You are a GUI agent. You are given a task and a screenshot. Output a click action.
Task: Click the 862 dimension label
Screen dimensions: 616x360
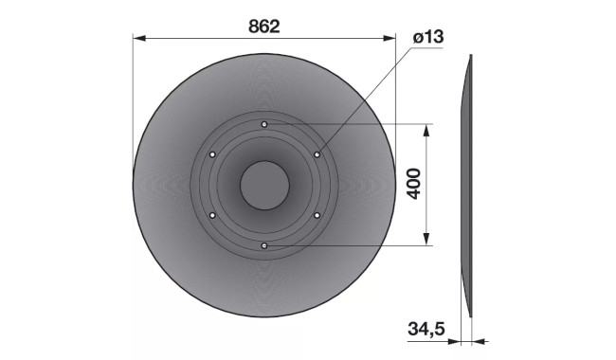pyautogui.click(x=264, y=27)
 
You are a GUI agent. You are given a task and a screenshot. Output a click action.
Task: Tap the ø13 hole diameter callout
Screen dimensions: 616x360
pyautogui.click(x=428, y=37)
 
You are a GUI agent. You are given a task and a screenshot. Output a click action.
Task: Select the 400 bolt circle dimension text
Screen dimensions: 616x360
pyautogui.click(x=414, y=184)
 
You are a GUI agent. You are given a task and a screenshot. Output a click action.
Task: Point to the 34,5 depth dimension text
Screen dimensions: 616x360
pyautogui.click(x=426, y=329)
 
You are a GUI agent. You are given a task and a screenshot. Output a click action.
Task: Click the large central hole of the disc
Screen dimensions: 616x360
pyautogui.click(x=264, y=185)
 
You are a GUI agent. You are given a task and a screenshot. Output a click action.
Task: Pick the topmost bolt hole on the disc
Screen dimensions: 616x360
pyautogui.click(x=264, y=124)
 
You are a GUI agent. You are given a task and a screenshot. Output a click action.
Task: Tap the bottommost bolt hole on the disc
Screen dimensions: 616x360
pyautogui.click(x=264, y=245)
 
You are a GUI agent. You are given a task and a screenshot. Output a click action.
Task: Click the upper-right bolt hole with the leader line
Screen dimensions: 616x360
pyautogui.click(x=317, y=154)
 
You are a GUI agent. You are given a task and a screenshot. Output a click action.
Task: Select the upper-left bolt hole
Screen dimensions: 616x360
pyautogui.click(x=212, y=154)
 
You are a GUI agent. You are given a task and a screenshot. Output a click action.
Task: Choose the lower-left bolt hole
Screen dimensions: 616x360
pyautogui.click(x=212, y=215)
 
